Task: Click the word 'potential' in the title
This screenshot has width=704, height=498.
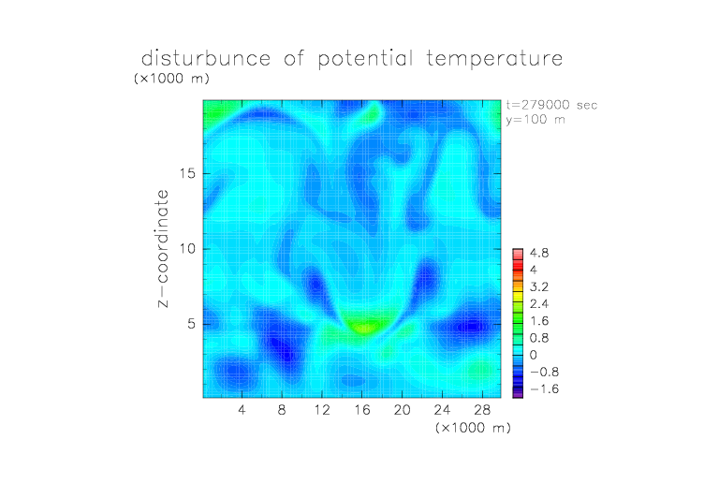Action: click(365, 59)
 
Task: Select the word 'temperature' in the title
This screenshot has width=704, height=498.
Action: click(494, 59)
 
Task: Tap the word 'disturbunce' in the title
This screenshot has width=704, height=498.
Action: click(206, 58)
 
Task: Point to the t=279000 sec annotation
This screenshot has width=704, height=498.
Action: click(551, 105)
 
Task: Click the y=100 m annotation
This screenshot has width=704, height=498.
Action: click(535, 120)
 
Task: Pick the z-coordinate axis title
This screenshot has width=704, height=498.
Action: click(163, 248)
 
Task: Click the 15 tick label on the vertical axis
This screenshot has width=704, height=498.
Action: click(187, 173)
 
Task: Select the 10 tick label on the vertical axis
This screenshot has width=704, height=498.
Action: click(187, 249)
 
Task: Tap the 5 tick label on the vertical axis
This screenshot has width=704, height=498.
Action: click(192, 324)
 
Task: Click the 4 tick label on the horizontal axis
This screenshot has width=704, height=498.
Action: click(242, 409)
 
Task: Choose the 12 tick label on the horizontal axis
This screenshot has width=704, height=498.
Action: click(322, 409)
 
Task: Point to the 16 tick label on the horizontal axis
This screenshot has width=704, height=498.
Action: click(362, 409)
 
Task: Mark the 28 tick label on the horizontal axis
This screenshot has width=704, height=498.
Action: click(482, 409)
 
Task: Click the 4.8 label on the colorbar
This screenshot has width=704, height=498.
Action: click(539, 254)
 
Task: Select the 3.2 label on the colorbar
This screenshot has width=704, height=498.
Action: click(539, 287)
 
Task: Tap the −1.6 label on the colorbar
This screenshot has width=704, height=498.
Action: click(544, 388)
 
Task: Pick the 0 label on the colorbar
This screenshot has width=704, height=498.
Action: click(533, 355)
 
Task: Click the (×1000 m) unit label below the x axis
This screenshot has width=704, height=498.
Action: click(473, 428)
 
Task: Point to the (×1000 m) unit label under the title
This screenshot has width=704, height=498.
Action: click(171, 79)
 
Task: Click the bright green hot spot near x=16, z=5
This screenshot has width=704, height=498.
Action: click(365, 327)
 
